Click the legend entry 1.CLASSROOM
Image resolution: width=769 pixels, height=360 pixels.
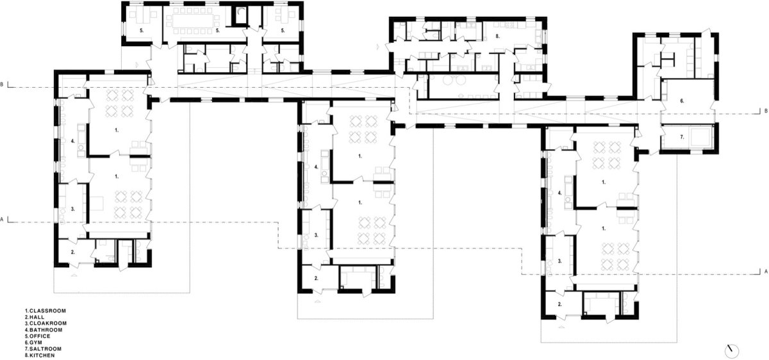(45, 311)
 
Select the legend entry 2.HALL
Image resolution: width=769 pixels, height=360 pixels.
(35, 317)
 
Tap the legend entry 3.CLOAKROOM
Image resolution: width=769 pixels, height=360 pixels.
(45, 323)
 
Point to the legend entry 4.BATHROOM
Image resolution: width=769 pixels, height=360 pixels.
(44, 330)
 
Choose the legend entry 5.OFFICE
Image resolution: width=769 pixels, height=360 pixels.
(37, 336)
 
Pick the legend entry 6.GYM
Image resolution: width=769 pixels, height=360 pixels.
(33, 343)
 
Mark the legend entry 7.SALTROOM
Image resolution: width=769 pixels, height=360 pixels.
(44, 349)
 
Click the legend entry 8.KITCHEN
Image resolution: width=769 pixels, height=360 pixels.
(40, 356)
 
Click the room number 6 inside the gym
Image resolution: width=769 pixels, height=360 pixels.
(682, 101)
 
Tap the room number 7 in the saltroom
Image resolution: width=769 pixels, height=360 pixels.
(682, 137)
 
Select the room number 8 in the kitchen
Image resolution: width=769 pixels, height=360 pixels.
(497, 36)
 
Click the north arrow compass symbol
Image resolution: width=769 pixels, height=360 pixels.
(732, 351)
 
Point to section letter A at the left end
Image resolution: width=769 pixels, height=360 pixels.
(2, 219)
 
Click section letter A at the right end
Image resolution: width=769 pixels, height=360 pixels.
(766, 272)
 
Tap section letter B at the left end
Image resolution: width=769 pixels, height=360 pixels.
(2, 84)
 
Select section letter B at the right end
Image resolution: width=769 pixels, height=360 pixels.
(766, 111)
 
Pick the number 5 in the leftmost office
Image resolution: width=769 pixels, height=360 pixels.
(142, 31)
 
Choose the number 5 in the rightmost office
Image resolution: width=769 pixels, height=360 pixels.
(283, 31)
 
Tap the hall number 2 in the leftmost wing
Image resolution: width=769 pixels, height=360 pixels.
(73, 252)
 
